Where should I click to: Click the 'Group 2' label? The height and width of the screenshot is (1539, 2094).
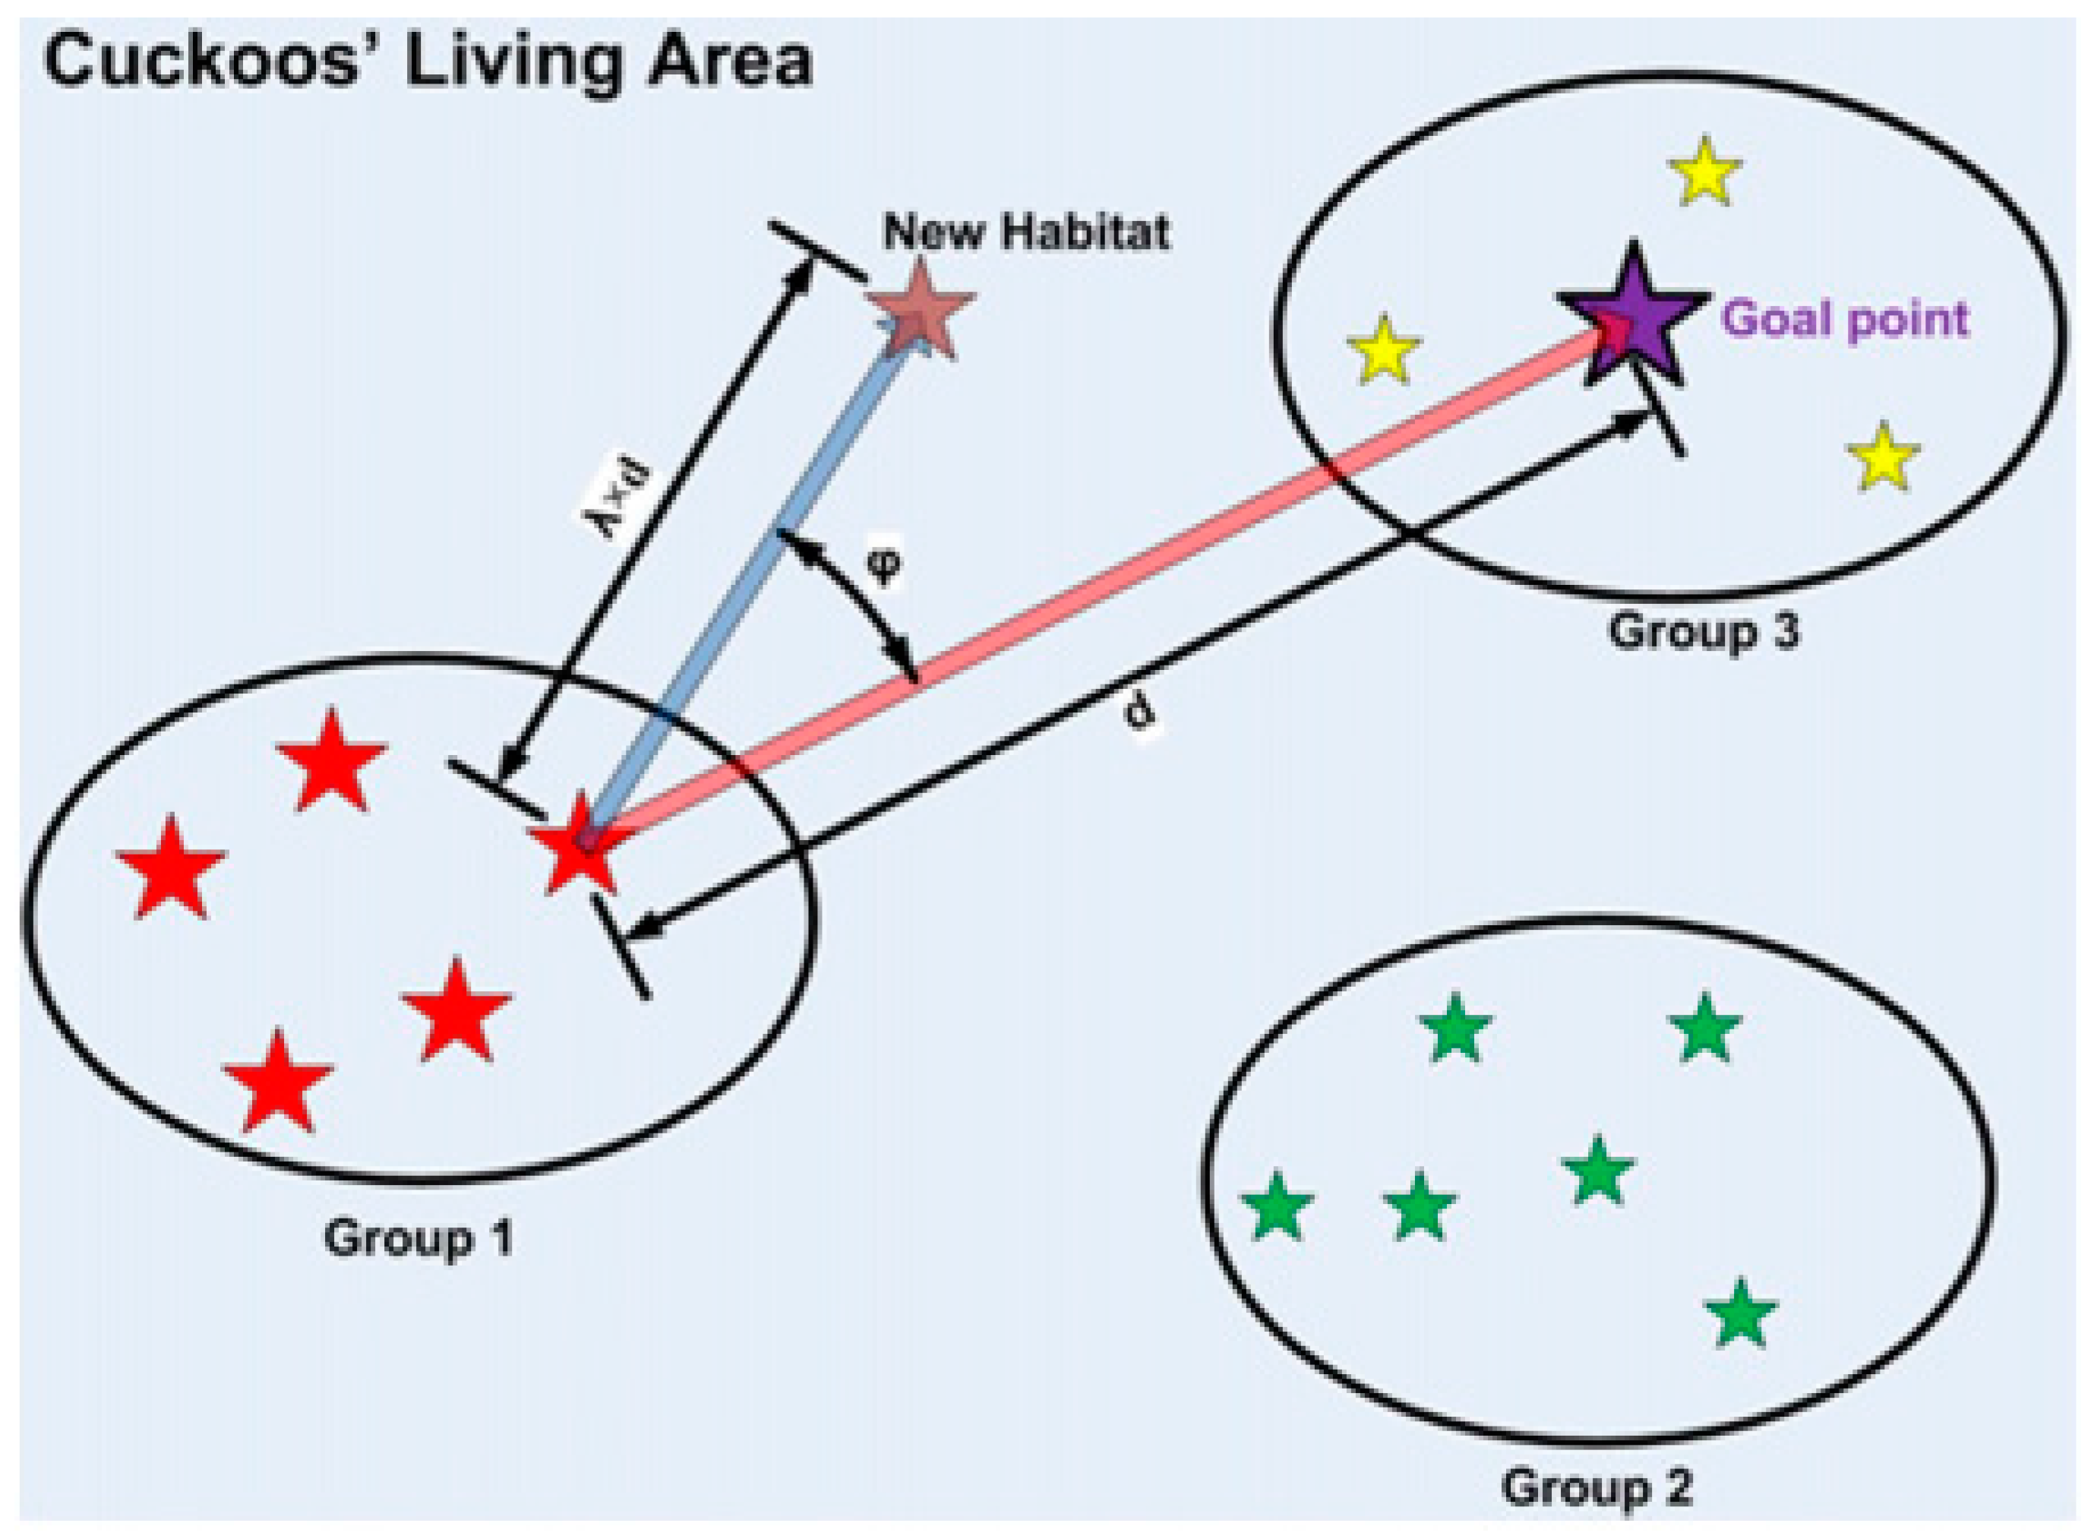point(1597,1486)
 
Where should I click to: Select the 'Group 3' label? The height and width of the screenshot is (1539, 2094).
point(1704,630)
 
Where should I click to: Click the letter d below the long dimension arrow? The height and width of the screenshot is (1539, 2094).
point(1140,713)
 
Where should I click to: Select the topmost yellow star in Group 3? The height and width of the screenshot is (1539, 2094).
point(1704,174)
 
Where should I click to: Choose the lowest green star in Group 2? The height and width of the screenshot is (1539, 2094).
point(1741,1314)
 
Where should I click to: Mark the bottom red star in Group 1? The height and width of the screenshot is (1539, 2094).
point(277,1082)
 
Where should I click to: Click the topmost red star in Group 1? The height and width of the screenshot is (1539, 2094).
point(332,762)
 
